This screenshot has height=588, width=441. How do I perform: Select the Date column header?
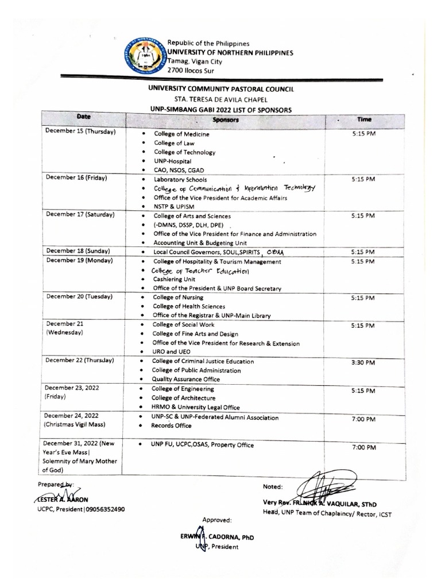tap(83, 117)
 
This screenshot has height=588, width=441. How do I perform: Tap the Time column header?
tap(363, 120)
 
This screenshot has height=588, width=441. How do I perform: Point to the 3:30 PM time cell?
tap(363, 363)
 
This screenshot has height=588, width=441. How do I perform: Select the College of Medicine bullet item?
tap(181, 134)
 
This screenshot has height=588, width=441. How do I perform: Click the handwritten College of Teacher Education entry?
tap(200, 270)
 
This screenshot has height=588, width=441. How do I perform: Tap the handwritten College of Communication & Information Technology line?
tap(234, 188)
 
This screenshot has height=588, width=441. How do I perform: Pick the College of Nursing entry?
tap(175, 297)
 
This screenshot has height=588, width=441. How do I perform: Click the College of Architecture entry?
tap(183, 397)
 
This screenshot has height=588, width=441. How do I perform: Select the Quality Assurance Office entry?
tap(185, 379)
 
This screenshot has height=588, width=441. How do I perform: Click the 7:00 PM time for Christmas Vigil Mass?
tap(363, 420)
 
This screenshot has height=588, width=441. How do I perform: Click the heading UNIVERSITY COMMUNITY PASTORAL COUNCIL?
tap(221, 89)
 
